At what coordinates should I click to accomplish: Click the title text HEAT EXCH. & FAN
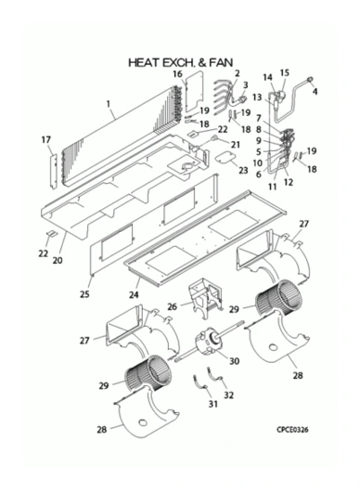[x=181, y=62]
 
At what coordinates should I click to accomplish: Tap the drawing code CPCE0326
[x=292, y=430]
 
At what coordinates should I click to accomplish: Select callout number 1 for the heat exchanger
[x=109, y=104]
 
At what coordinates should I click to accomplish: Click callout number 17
[x=46, y=139]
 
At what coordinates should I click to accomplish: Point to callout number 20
[x=58, y=260]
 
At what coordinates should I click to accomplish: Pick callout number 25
[x=84, y=294]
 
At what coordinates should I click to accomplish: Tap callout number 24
[x=134, y=294]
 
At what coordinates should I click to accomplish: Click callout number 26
[x=173, y=306]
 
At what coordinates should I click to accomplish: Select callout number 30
[x=234, y=361]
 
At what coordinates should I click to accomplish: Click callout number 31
[x=212, y=404]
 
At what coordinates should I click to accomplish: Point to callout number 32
[x=228, y=395]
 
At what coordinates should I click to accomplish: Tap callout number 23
[x=243, y=171]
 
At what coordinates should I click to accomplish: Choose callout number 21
[x=235, y=144]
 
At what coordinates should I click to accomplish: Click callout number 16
[x=177, y=74]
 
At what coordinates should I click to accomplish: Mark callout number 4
[x=315, y=92]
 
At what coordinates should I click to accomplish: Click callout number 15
[x=285, y=72]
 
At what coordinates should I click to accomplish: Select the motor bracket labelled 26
[x=205, y=296]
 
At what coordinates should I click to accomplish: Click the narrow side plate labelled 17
[x=53, y=172]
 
